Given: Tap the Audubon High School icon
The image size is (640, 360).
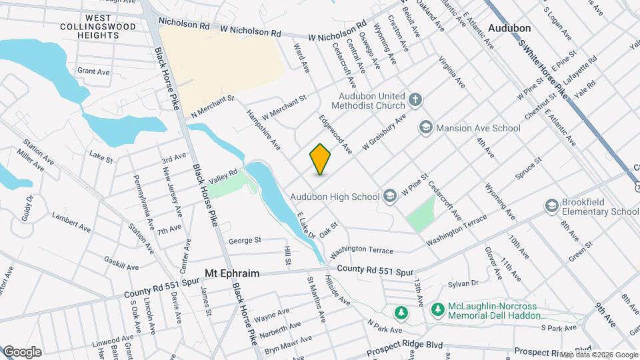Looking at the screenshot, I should (x=390, y=196).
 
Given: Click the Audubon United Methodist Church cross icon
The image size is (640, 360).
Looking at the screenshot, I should (x=415, y=101).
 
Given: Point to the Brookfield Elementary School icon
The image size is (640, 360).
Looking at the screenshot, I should (x=551, y=207).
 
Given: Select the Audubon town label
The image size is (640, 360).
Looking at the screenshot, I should (x=509, y=29).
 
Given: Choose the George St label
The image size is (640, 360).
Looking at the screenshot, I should (x=245, y=240).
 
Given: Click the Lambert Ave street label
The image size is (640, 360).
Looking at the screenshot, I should (x=71, y=223).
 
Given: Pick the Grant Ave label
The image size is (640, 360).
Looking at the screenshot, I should (x=93, y=71).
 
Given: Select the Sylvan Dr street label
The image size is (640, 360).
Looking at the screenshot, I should (x=464, y=283).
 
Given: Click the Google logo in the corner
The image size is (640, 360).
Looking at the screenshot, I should (x=22, y=351).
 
